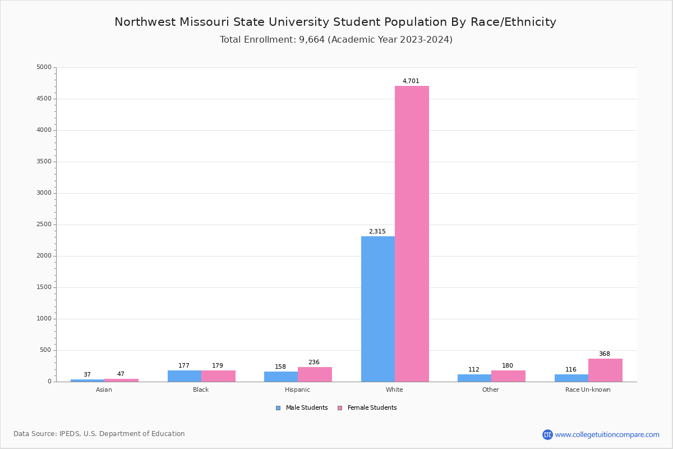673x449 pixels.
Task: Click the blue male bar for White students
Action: [378, 309]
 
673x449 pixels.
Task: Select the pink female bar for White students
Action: [412, 233]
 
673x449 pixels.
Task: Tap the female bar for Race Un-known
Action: [605, 370]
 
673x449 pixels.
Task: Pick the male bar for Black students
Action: [185, 376]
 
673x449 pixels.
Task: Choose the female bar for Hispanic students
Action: [315, 374]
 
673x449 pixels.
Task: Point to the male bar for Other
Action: [474, 378]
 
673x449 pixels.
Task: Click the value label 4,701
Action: [411, 81]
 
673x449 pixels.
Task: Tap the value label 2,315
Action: [377, 232]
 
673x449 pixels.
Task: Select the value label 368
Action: [604, 354]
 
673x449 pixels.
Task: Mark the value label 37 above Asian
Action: [87, 375]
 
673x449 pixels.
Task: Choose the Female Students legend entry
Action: [371, 408]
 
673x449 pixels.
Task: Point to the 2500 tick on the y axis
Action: [44, 224]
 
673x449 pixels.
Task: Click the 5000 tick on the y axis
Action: [44, 67]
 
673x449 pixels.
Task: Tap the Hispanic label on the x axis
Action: [297, 390]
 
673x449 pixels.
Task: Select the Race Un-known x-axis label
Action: [588, 390]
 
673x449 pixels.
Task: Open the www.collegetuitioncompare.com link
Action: [607, 434]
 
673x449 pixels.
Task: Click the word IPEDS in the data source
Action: [70, 434]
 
